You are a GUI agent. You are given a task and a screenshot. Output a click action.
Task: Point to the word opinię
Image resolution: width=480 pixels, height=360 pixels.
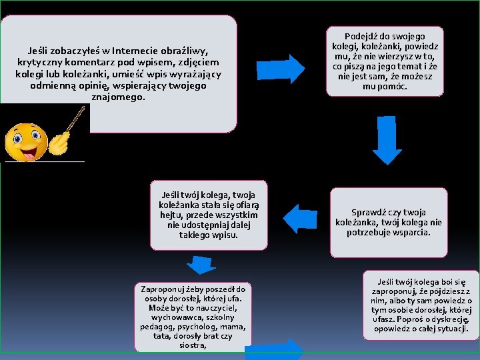[100, 86]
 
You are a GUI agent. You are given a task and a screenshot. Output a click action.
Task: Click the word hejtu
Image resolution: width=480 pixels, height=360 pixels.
[172, 215]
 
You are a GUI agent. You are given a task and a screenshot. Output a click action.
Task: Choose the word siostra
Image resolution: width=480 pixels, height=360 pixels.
[193, 346]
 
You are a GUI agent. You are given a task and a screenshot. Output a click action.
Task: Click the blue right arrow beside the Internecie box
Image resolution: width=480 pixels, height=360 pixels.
[290, 65]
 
